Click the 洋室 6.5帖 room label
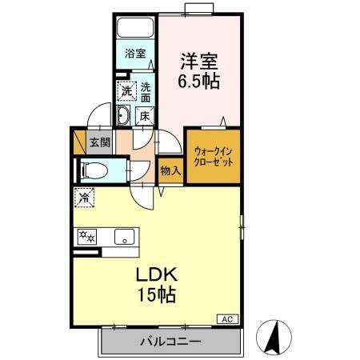point(199,70)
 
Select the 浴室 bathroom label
point(135,54)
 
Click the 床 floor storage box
point(145,117)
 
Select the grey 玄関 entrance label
point(99,143)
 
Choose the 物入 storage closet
point(170,170)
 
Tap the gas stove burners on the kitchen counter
point(86,237)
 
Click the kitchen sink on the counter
point(125,237)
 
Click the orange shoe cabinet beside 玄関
point(78,142)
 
